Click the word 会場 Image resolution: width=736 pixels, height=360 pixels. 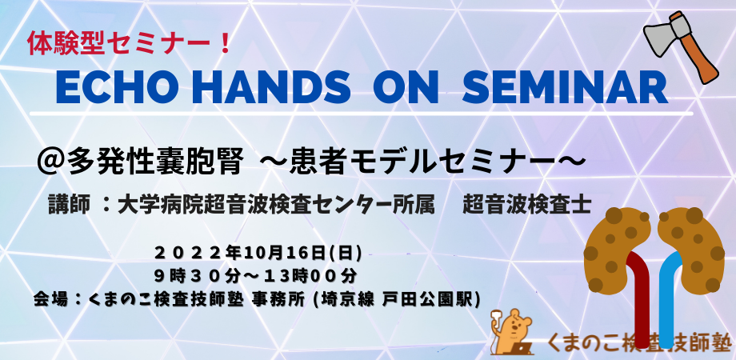tap(48, 298)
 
